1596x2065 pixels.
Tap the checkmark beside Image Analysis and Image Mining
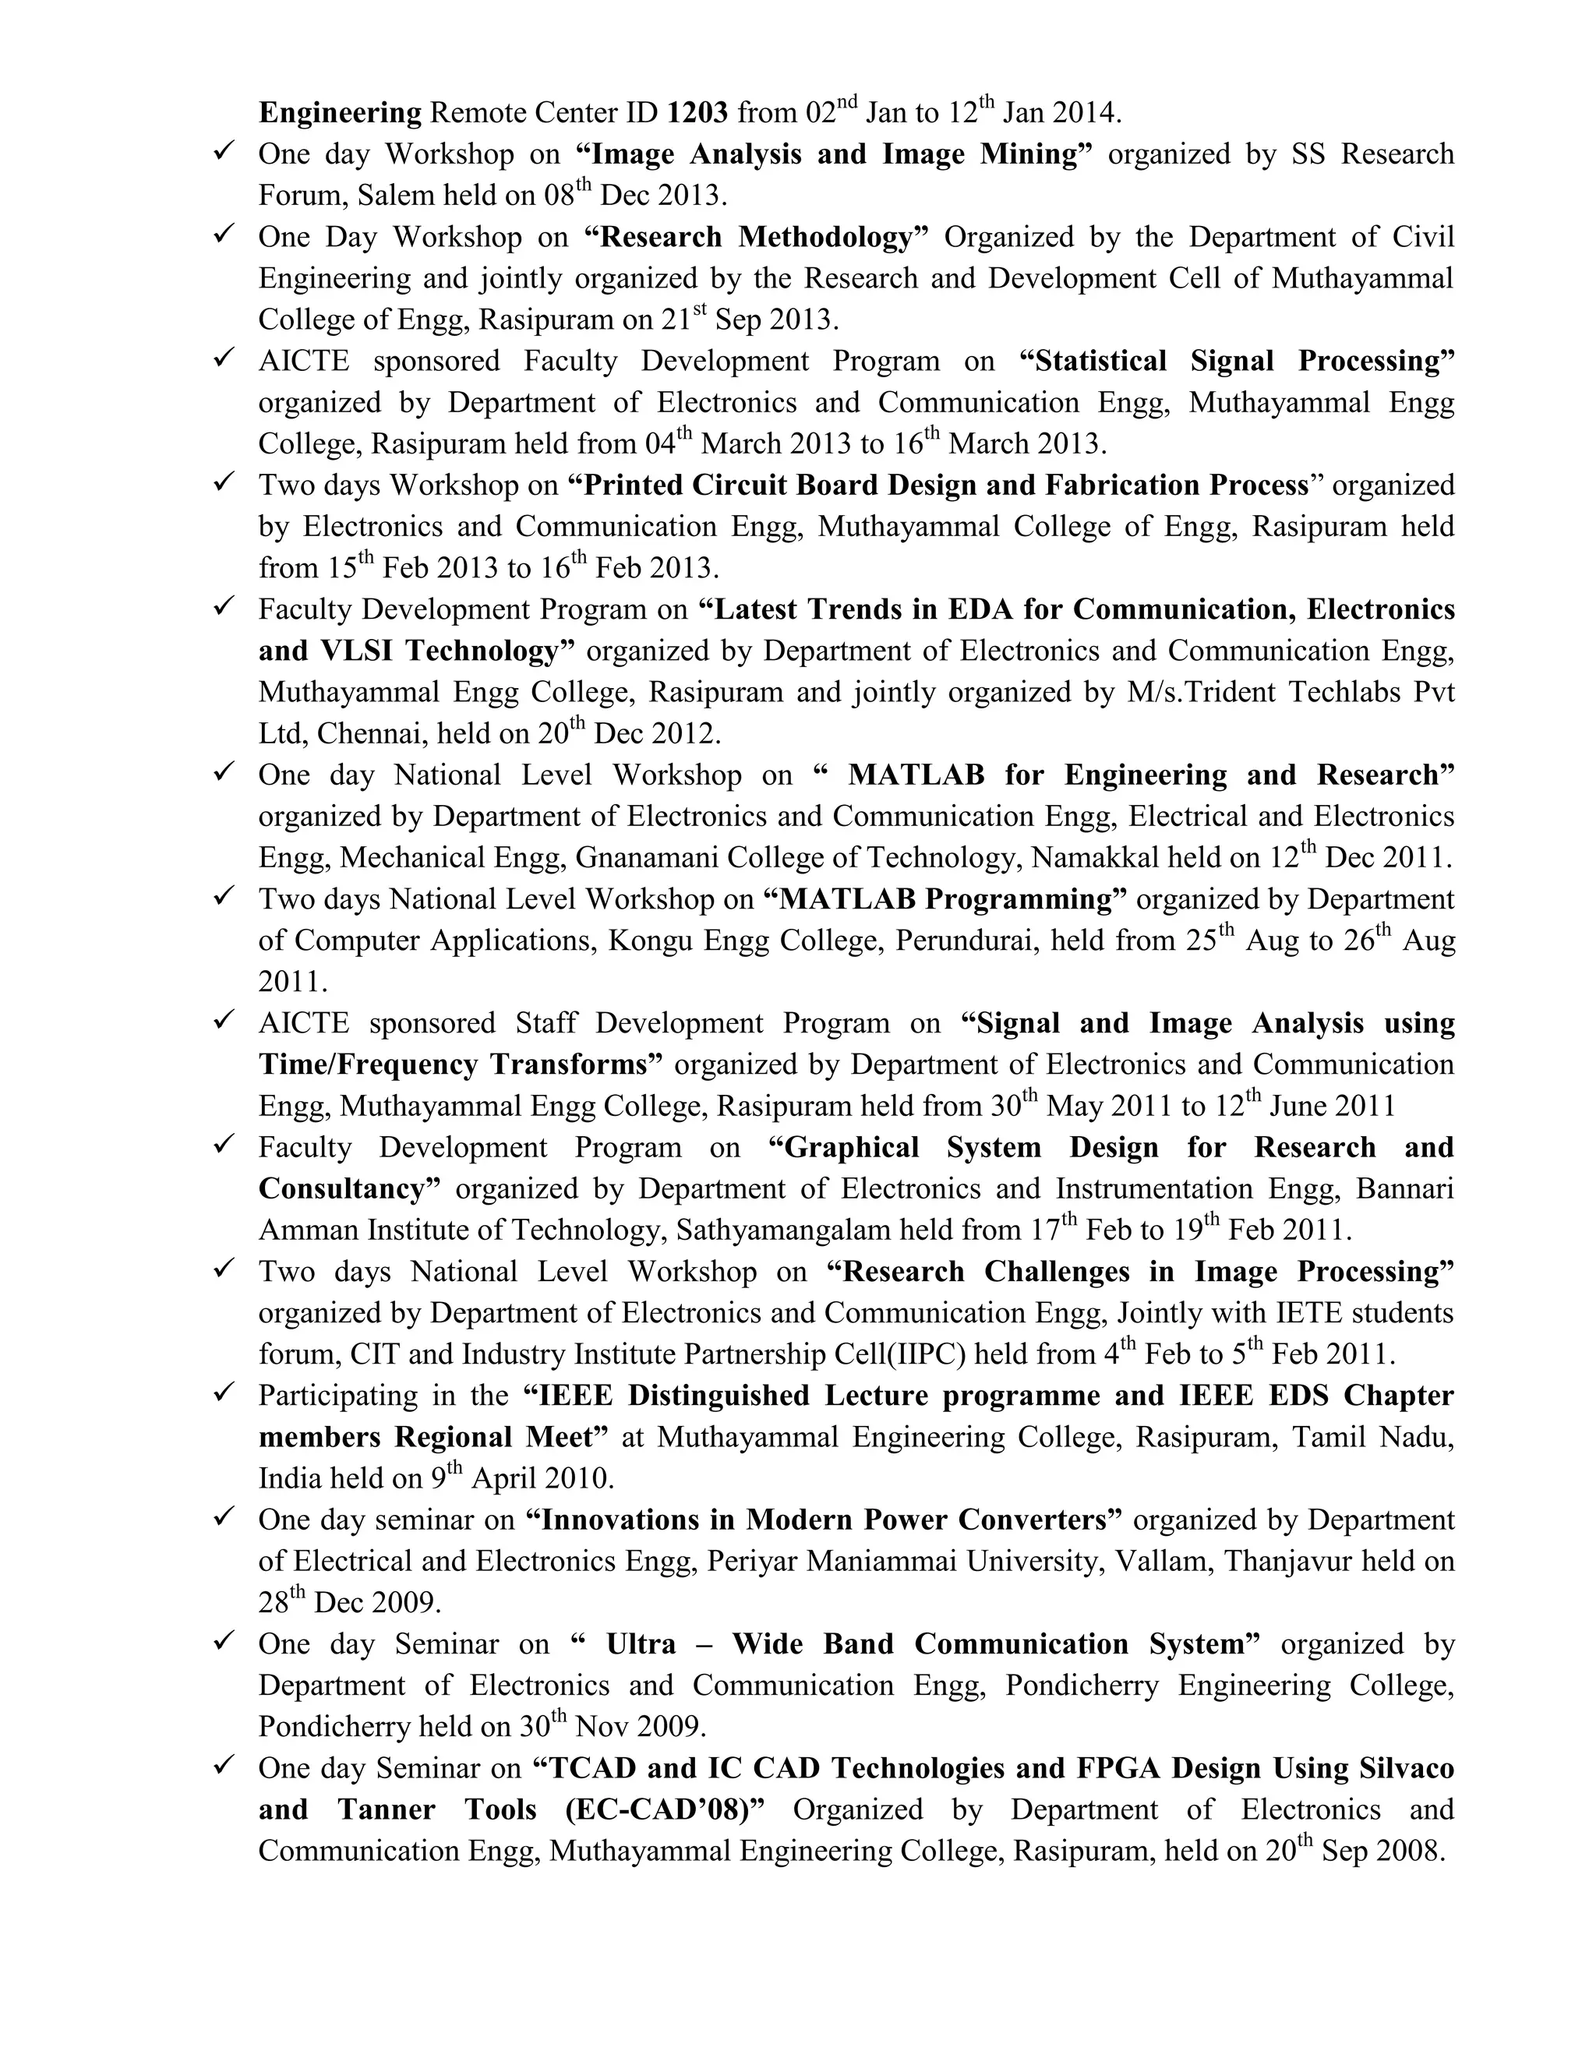click(x=224, y=151)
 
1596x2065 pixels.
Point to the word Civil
click(x=1423, y=238)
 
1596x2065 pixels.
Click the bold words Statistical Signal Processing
click(x=1238, y=362)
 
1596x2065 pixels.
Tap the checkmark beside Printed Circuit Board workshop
click(x=224, y=482)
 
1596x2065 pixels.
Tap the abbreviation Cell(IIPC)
click(x=900, y=1355)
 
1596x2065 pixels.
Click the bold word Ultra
click(x=641, y=1644)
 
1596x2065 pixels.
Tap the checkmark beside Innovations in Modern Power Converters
click(x=224, y=1517)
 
